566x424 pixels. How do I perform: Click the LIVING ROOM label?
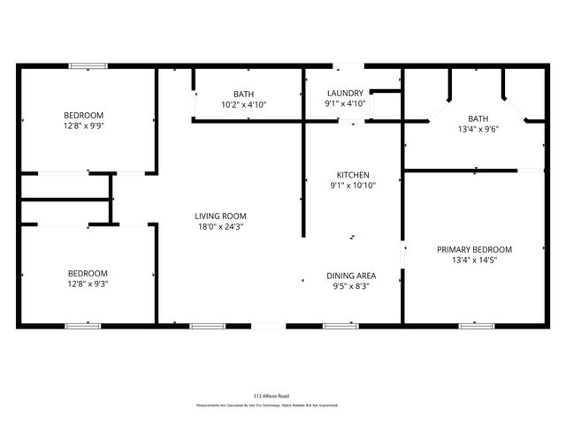pos(220,216)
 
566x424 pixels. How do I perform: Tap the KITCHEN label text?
pos(353,175)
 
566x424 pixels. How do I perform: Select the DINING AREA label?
pos(351,276)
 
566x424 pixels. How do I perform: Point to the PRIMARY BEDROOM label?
pos(474,249)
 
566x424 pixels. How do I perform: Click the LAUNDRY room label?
pos(345,93)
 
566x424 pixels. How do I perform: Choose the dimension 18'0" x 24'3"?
pos(220,226)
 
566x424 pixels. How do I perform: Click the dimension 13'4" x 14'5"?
pos(474,260)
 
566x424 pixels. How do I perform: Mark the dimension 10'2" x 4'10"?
pos(243,104)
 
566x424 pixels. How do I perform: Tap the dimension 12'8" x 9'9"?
pos(83,125)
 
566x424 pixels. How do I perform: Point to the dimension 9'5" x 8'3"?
pos(351,286)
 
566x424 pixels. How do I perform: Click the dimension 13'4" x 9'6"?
pos(478,129)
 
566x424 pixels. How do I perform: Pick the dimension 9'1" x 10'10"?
pos(353,185)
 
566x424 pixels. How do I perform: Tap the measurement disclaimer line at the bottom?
pos(266,405)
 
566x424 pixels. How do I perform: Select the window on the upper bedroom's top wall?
pos(88,64)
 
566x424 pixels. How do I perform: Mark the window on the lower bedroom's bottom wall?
pos(81,326)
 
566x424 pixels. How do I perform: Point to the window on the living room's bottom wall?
pos(209,326)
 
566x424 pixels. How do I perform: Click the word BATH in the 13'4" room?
pos(478,118)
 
